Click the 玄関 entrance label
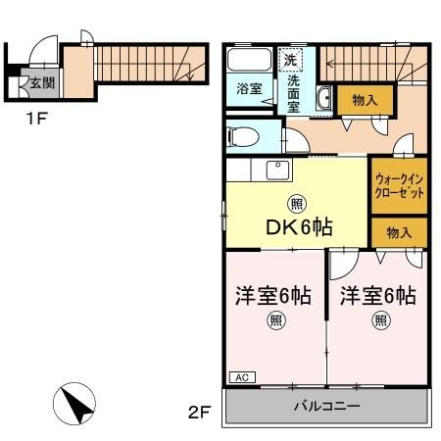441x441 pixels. (x=40, y=83)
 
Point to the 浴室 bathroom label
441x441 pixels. (x=249, y=89)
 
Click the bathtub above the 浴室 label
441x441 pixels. (x=250, y=61)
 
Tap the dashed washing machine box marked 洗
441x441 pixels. (x=291, y=60)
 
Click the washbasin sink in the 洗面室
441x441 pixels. (x=322, y=97)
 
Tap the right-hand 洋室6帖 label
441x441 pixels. (x=378, y=295)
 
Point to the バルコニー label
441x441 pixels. (x=326, y=406)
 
